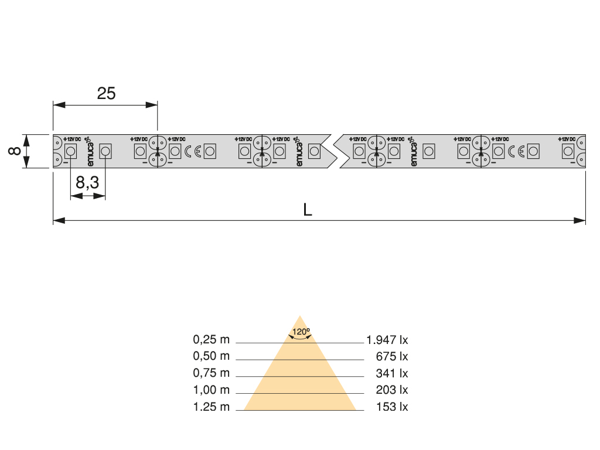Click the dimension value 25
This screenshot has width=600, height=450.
click(x=106, y=93)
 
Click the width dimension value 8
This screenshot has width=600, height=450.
click(x=15, y=151)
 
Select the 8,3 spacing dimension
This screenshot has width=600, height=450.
click(x=87, y=183)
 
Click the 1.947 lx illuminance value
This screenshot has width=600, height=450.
click(x=387, y=339)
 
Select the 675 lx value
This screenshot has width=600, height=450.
click(x=392, y=356)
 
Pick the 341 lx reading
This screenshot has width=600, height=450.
click(x=392, y=373)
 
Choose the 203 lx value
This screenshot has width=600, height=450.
click(x=392, y=390)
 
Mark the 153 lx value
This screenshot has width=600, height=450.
click(x=392, y=407)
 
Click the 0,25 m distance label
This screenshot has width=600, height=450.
click(x=212, y=339)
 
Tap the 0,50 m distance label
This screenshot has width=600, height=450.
click(x=212, y=356)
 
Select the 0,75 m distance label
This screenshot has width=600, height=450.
click(x=212, y=373)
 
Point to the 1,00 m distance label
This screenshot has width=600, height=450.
click(x=212, y=390)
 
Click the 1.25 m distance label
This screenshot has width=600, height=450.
click(x=212, y=407)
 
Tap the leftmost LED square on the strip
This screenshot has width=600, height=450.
click(x=70, y=152)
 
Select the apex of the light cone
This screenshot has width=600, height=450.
click(x=301, y=316)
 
